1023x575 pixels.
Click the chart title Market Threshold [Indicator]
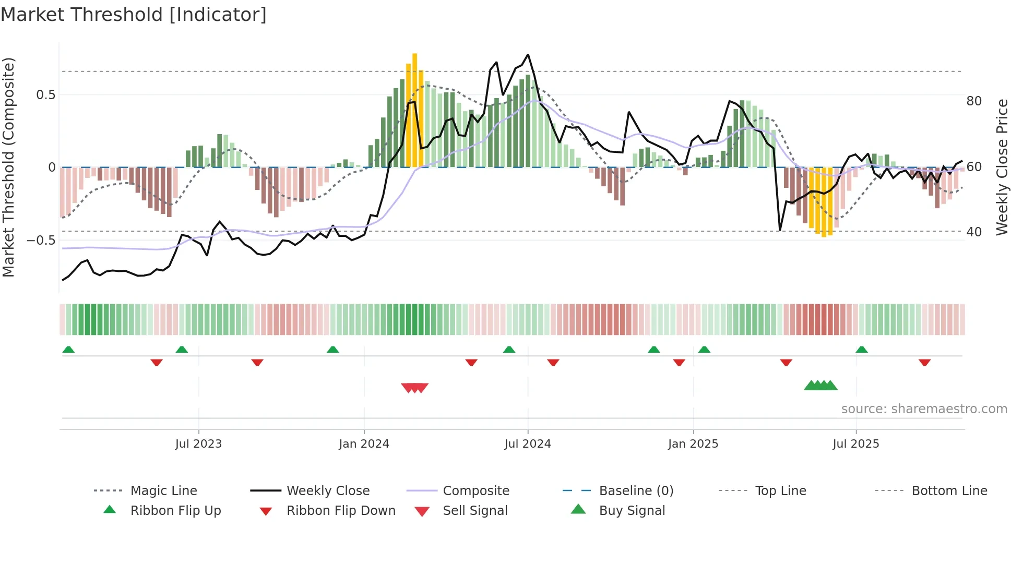tap(134, 15)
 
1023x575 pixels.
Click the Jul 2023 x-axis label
tap(198, 444)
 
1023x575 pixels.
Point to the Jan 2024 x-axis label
tap(364, 444)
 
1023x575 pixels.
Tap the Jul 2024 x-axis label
tap(528, 444)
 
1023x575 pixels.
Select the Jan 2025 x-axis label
tap(693, 444)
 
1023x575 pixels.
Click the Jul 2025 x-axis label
tap(856, 444)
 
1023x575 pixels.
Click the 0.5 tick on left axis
tap(46, 95)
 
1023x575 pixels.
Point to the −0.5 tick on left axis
tap(41, 241)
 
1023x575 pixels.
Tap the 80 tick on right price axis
tap(974, 101)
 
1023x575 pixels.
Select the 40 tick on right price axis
tap(974, 232)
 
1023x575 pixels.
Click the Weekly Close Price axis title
tap(1002, 167)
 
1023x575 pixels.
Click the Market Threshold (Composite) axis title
tap(9, 167)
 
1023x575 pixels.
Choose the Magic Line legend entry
tap(163, 491)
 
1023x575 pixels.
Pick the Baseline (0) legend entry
tap(636, 491)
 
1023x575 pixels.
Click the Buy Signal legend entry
tap(632, 511)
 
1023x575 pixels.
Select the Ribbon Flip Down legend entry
tap(341, 511)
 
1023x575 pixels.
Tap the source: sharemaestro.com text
tap(924, 409)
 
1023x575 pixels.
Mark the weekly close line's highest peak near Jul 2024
tap(528, 55)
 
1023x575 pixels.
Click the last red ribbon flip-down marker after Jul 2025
tap(924, 362)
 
